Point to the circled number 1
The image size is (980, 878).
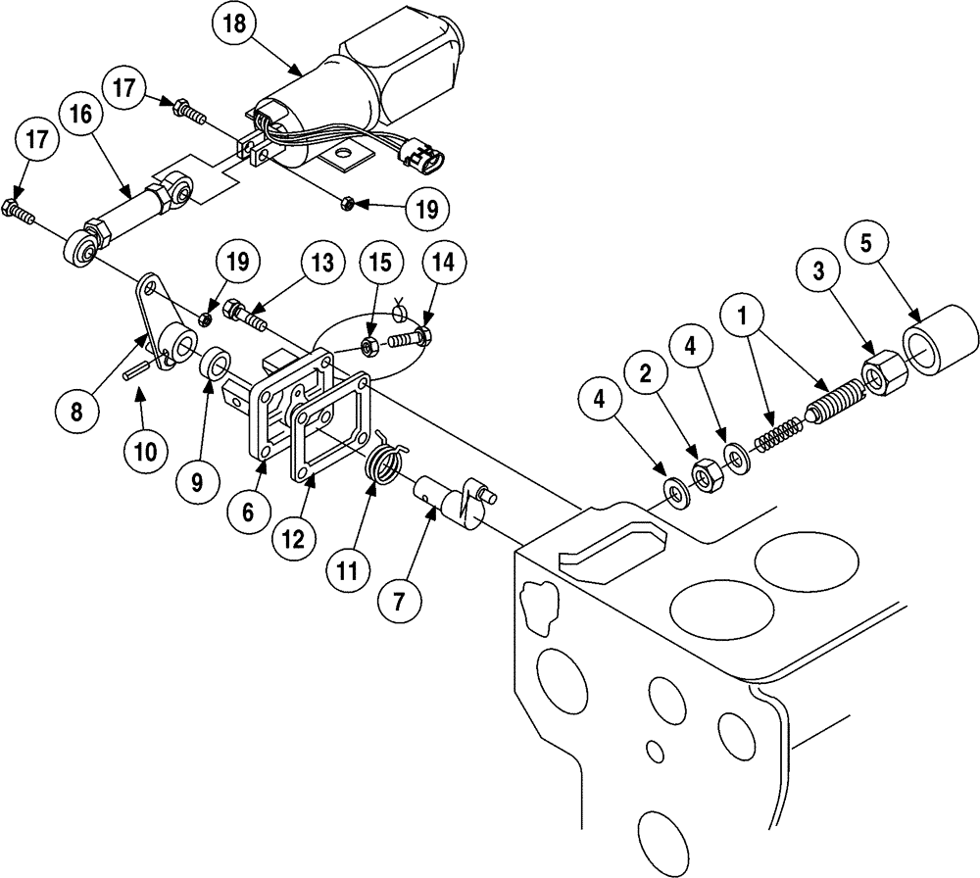point(747,320)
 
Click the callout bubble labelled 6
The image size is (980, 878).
point(247,512)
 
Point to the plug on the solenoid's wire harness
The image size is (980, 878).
point(423,154)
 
